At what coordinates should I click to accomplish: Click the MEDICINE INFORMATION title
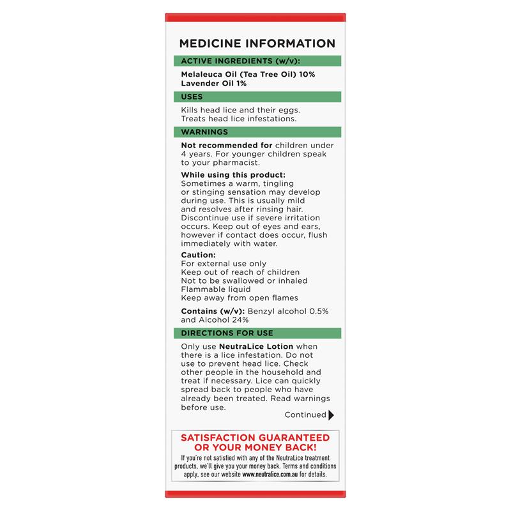257,43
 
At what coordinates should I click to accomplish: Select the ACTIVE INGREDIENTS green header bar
257,61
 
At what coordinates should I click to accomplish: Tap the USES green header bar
257,97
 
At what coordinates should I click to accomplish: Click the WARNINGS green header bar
257,132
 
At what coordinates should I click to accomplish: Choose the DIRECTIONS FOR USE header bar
257,333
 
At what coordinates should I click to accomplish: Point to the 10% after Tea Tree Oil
305,75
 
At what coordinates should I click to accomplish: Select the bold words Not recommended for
218,145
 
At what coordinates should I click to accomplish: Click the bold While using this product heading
233,175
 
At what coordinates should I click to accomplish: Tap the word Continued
305,415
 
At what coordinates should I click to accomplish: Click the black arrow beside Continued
331,415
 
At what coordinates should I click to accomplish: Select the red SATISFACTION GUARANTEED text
256,438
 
